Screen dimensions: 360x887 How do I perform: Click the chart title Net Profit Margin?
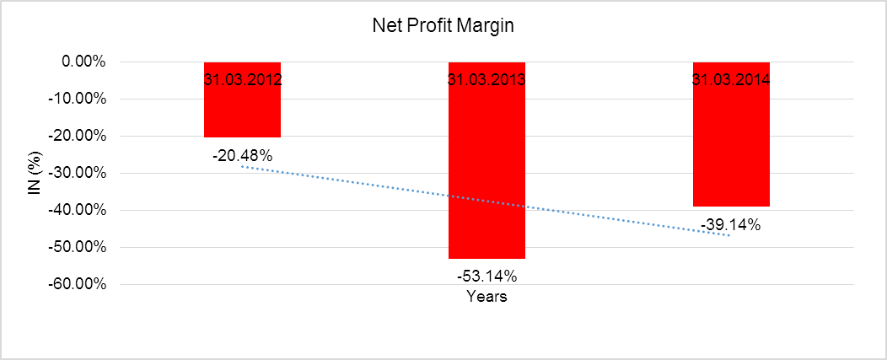click(443, 25)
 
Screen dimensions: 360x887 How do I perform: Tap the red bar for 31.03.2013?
click(487, 169)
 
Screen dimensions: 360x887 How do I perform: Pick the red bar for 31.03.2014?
click(731, 143)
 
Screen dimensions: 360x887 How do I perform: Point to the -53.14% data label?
click(487, 276)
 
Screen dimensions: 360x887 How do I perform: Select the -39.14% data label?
click(731, 225)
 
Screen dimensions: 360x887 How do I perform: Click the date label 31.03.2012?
click(242, 81)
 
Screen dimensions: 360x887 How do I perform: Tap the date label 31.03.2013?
click(487, 81)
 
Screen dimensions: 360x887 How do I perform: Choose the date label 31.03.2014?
click(731, 81)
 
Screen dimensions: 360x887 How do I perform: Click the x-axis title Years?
click(487, 297)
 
